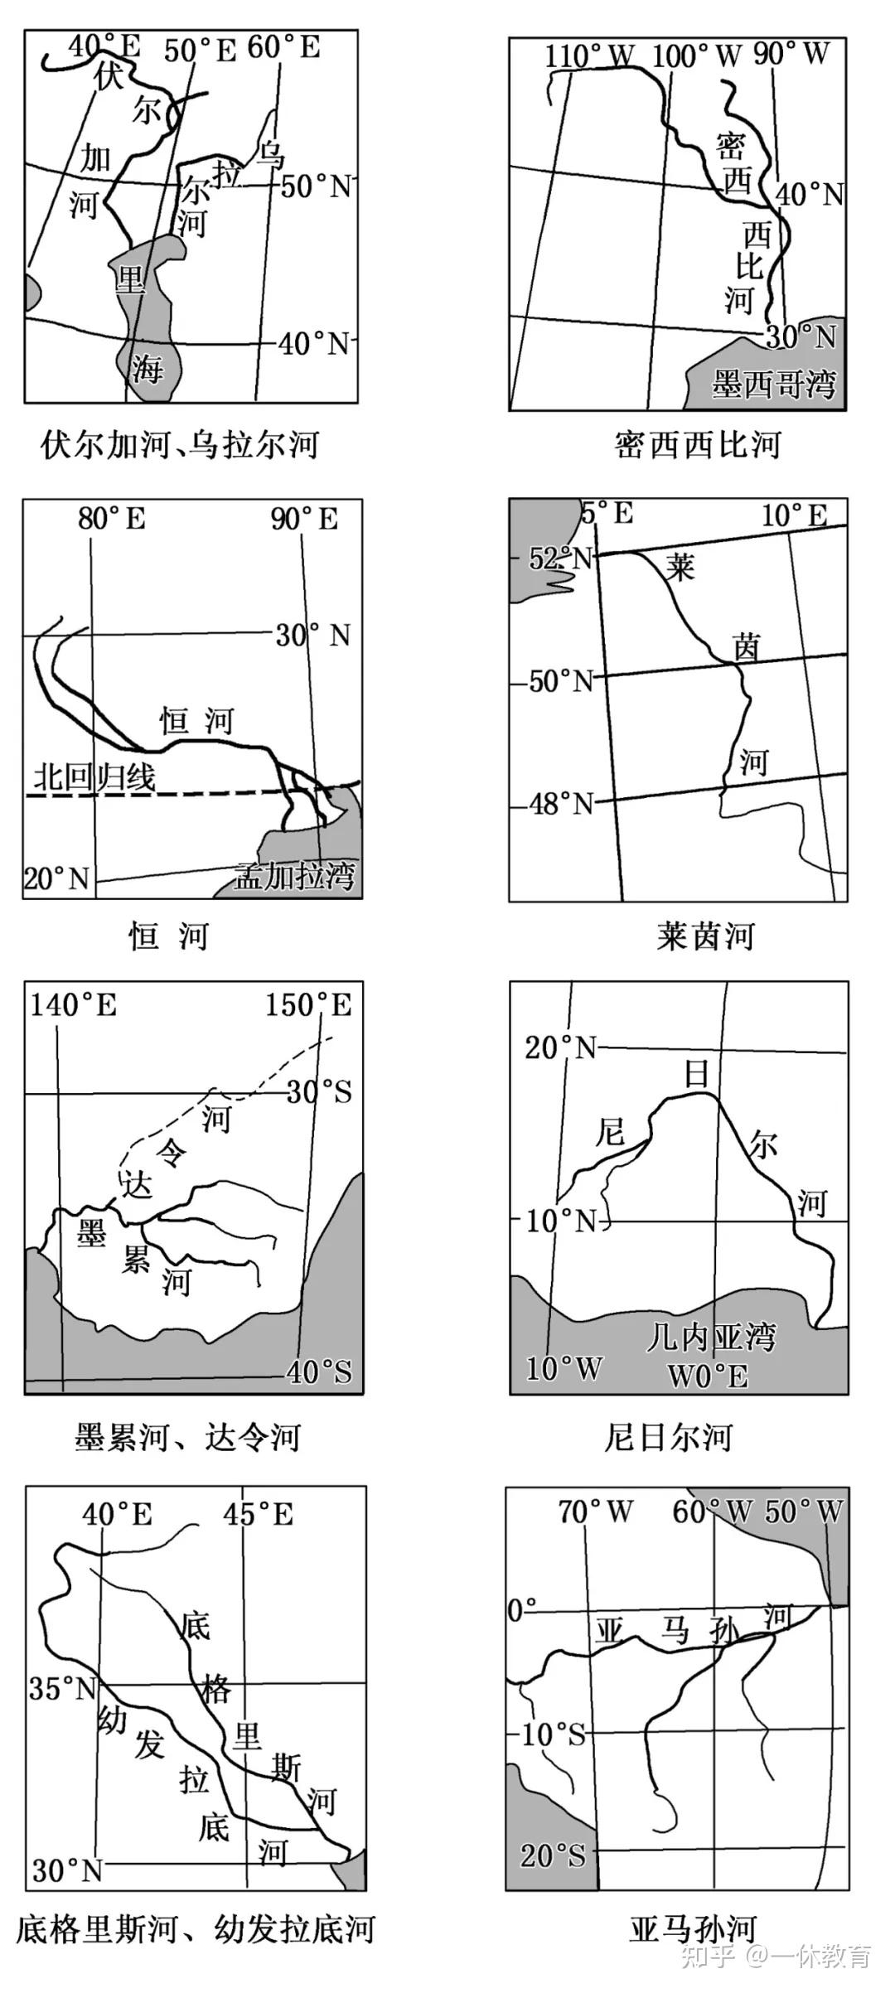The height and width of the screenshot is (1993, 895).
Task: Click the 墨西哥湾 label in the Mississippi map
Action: point(774,385)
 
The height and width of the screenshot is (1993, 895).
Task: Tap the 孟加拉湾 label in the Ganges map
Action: point(294,875)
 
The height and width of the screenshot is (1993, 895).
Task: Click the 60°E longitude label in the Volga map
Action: point(283,47)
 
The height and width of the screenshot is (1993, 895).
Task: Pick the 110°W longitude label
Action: point(589,56)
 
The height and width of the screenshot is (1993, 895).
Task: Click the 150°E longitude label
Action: point(308,1005)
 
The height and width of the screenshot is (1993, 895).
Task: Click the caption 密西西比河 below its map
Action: point(698,445)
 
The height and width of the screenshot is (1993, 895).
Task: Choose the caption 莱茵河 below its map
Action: point(705,936)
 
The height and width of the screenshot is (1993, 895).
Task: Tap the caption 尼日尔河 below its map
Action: point(668,1437)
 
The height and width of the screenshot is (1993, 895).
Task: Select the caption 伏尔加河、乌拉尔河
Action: point(180,445)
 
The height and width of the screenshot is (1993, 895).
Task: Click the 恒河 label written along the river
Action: point(196,721)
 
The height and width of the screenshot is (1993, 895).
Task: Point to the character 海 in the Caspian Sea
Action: point(148,367)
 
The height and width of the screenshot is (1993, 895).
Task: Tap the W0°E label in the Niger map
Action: point(708,1376)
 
